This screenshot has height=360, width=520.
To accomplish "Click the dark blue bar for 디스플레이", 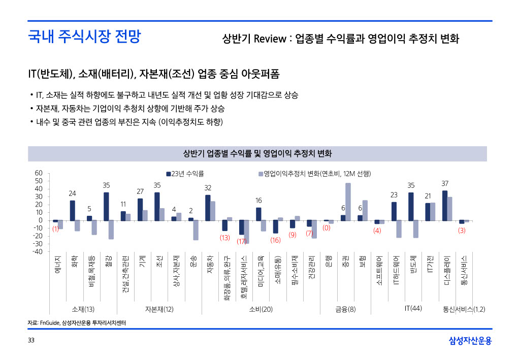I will pos(445,206).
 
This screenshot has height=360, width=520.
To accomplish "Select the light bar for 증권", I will pos(348,202).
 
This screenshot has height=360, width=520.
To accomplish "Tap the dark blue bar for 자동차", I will pos(208,208).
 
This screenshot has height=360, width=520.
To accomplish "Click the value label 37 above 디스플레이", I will pos(445,183).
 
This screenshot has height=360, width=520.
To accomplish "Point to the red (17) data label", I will pos(242,241).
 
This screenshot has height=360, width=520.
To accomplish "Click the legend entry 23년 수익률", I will pos(185,174).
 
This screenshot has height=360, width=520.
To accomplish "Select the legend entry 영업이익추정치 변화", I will pos(315,174).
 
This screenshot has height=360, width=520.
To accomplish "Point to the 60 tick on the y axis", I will pos(39,173).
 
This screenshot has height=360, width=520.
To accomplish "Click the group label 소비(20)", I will pos(261,309).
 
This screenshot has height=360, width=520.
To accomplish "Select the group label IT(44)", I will pos(413,308).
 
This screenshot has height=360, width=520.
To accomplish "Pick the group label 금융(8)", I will pos(345,309).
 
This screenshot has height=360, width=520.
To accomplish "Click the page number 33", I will pos(31,340).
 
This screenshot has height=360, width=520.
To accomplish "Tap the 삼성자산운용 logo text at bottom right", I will pos(470,341).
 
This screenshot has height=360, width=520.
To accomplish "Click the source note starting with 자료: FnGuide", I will pos(76,323).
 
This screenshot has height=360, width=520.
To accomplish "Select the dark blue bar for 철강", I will pos(106,206).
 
